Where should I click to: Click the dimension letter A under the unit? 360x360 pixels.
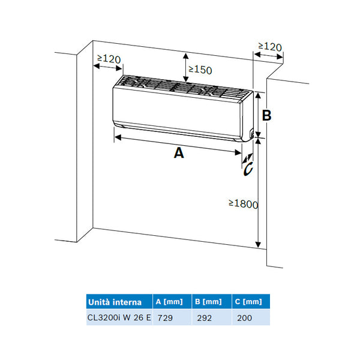pyautogui.click(x=178, y=154)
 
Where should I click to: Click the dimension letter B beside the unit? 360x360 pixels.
pyautogui.click(x=267, y=115)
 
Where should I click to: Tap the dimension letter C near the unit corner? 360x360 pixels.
pyautogui.click(x=248, y=169)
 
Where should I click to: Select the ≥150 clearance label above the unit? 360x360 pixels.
pyautogui.click(x=200, y=70)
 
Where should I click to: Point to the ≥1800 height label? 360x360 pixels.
pyautogui.click(x=243, y=204)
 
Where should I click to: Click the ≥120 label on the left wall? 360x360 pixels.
pyautogui.click(x=108, y=59)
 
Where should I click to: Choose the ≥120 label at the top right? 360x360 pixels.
pyautogui.click(x=269, y=46)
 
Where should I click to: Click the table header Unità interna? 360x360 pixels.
pyautogui.click(x=115, y=301)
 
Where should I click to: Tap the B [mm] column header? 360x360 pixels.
pyautogui.click(x=208, y=301)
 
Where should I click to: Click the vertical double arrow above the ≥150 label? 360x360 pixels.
pyautogui.click(x=184, y=66)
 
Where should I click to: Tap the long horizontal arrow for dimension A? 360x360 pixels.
pyautogui.click(x=178, y=144)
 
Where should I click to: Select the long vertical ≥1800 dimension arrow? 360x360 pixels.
pyautogui.click(x=258, y=192)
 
